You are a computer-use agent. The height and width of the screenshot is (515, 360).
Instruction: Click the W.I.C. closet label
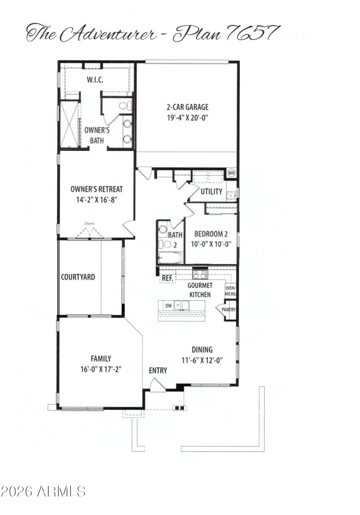point(95,80)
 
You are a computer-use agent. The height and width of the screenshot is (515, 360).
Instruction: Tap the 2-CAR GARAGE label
point(187,107)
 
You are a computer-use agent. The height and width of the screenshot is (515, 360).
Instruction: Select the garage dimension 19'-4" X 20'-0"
point(187,117)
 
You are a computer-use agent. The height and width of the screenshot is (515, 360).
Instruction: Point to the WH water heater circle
point(231,173)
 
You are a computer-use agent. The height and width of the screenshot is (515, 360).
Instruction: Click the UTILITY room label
point(211,191)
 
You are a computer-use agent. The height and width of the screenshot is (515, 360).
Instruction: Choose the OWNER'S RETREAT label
point(96,189)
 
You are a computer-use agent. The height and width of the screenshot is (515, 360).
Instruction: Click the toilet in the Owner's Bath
point(124,106)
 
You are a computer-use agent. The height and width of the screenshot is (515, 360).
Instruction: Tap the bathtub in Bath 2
point(170,258)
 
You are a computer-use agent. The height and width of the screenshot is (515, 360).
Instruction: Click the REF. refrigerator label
point(167,278)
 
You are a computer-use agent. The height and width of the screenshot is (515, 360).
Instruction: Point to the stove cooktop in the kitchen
point(199,274)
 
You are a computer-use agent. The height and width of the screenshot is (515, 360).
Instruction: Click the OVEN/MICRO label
point(231,291)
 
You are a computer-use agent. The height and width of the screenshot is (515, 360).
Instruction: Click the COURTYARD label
point(78,277)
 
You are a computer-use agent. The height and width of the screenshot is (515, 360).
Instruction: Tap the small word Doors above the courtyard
point(89,223)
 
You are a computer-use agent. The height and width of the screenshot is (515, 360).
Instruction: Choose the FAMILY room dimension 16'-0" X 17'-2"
point(100,369)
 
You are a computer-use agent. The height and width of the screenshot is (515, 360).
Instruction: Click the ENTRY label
point(158,370)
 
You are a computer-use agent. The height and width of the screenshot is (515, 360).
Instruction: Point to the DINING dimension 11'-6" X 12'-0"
point(202,360)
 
